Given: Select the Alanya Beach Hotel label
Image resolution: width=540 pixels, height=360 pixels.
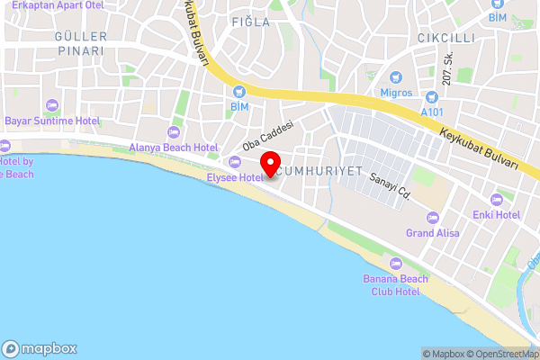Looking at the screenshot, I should [175, 147].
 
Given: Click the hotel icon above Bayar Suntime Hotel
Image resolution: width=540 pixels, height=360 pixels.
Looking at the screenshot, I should [51, 105].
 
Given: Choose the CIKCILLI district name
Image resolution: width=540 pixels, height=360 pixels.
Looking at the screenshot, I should [445, 38].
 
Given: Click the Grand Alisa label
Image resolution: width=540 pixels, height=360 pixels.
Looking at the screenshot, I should [433, 232].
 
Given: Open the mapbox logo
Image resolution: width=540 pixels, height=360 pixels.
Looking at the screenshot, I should [40, 348].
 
